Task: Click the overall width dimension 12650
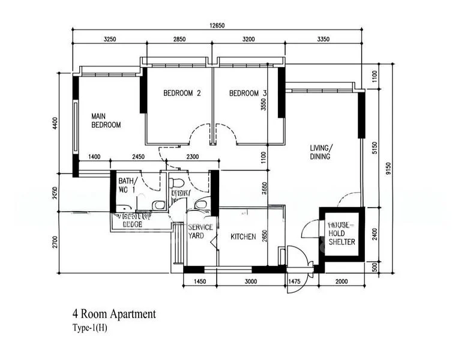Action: tap(217, 25)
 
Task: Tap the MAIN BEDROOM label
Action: tap(106, 121)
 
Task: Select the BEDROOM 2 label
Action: tap(182, 94)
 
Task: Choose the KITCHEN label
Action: tap(244, 236)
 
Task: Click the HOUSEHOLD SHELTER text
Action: tap(342, 233)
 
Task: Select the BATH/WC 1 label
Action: tap(127, 185)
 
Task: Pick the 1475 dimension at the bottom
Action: tap(294, 281)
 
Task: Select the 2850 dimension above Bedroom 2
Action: tap(179, 39)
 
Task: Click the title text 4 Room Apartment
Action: tap(114, 314)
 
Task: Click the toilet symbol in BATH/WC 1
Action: tap(158, 205)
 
